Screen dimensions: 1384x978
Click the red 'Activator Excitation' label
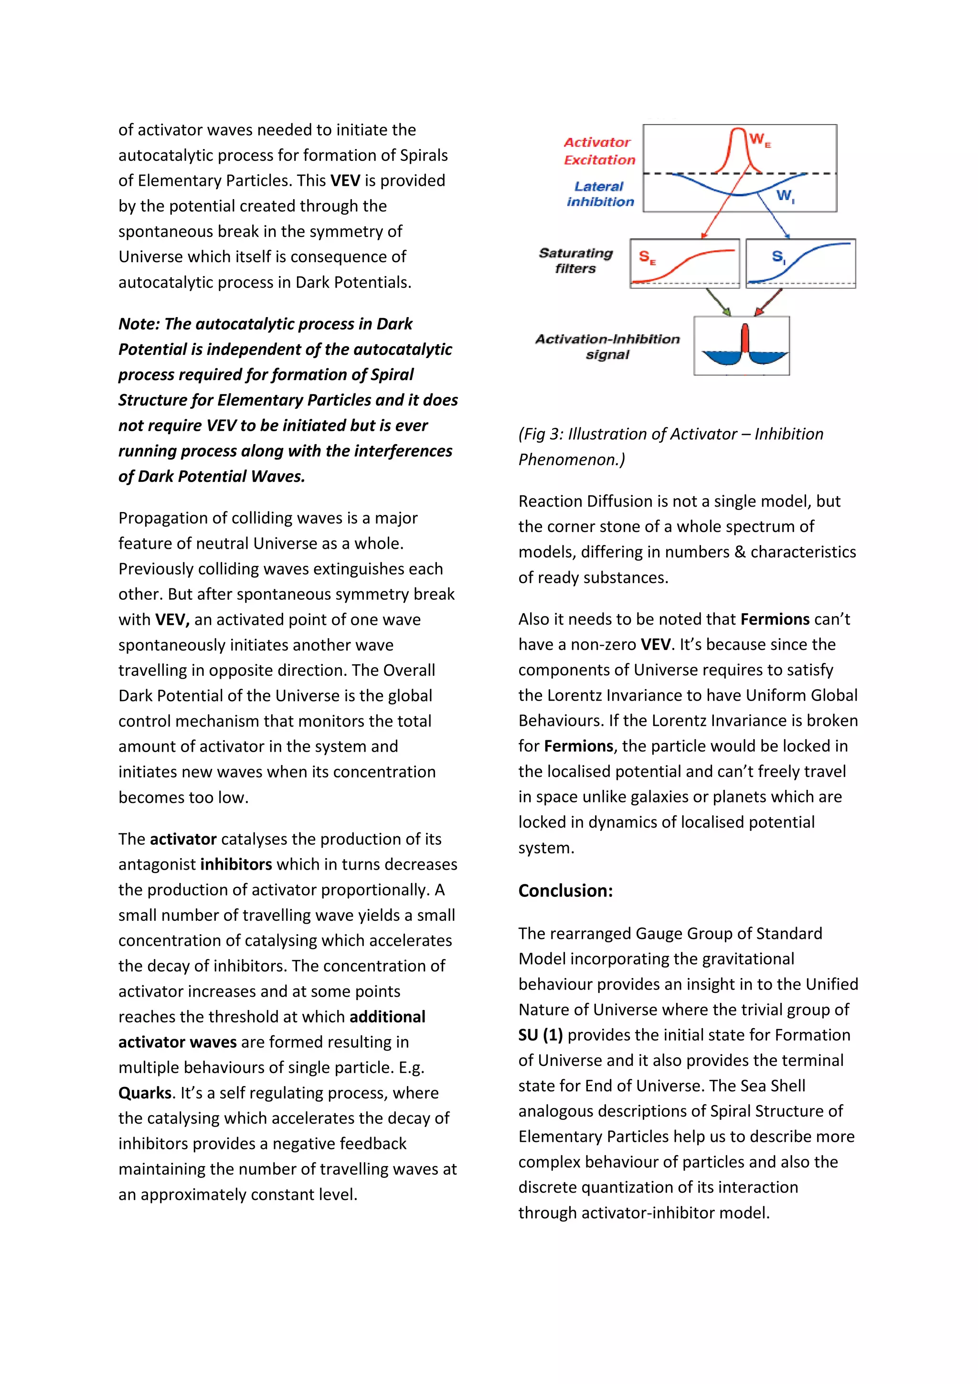[598, 151]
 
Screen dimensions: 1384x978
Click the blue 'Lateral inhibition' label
[600, 194]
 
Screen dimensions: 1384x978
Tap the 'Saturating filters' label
[575, 260]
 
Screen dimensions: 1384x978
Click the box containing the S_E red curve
[684, 264]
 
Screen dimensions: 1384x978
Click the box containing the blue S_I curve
[800, 264]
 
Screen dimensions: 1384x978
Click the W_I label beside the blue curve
[785, 196]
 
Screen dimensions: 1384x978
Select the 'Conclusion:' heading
[565, 890]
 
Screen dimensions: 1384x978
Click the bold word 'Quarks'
[145, 1093]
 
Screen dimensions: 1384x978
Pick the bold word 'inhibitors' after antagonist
[235, 864]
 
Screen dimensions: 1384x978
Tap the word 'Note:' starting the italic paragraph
[138, 324]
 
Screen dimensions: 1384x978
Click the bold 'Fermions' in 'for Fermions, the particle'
[578, 746]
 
